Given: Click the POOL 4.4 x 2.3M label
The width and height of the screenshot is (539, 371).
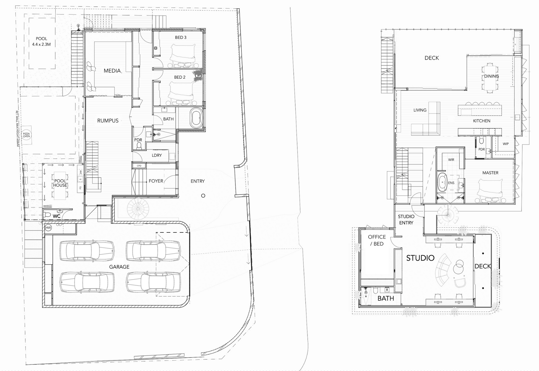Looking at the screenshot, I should [x=42, y=42].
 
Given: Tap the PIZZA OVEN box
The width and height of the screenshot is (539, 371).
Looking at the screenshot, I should [x=26, y=135].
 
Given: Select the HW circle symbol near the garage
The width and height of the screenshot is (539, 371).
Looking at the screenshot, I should [x=48, y=228].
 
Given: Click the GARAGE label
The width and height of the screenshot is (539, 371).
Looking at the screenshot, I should [x=119, y=267].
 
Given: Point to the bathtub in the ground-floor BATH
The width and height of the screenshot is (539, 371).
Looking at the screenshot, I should [x=196, y=118].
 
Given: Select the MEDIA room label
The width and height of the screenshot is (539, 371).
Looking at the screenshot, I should [x=112, y=71].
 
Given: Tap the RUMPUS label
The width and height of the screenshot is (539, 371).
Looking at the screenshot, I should [x=108, y=121].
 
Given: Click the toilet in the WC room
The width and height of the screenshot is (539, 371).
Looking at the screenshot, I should [x=48, y=215].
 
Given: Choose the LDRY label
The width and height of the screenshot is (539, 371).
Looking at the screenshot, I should [x=157, y=155].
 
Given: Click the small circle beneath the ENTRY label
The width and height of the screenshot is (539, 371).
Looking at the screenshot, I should [x=203, y=196].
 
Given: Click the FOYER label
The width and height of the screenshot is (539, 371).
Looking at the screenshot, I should [x=156, y=181].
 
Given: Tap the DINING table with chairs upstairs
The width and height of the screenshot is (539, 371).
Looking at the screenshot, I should [x=490, y=78].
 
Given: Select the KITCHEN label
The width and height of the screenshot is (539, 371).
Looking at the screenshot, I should [x=482, y=121].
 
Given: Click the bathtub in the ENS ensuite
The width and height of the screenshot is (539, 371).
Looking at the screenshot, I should [x=442, y=183].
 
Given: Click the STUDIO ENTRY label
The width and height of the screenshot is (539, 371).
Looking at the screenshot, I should [x=406, y=220].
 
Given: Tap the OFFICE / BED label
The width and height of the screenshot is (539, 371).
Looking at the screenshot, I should [x=377, y=240].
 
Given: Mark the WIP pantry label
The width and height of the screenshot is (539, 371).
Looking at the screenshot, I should [x=506, y=144].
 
